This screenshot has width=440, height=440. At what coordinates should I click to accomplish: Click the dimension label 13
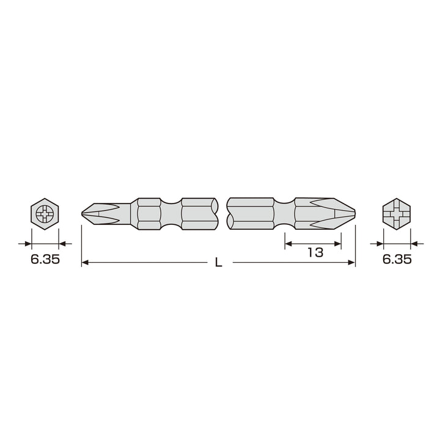[x=316, y=252]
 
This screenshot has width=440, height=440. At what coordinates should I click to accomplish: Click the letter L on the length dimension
[x=219, y=263]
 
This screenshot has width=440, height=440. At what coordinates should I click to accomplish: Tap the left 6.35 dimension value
[x=45, y=259]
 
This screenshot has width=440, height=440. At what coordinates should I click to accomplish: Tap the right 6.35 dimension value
[x=397, y=259]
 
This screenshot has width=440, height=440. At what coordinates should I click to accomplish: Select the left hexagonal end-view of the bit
[x=45, y=214]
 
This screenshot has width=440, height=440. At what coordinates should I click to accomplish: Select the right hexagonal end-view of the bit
[x=397, y=214]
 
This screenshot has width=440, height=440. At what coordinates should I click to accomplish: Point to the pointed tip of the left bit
[x=82, y=214]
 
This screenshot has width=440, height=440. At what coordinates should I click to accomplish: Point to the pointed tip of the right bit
[x=355, y=213]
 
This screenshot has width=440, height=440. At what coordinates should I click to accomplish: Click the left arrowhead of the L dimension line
[x=85, y=263]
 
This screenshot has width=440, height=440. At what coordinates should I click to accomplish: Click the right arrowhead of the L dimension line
[x=351, y=263]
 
